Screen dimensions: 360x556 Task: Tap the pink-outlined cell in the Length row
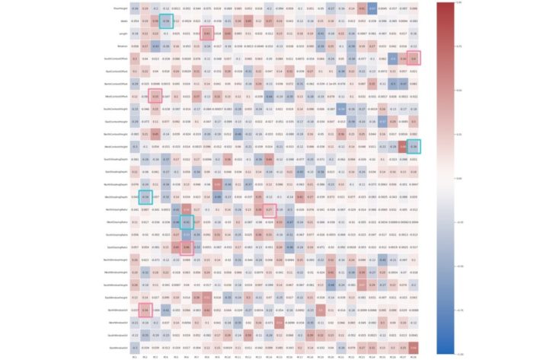[206, 33]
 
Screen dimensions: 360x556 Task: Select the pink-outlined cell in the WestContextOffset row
[155, 96]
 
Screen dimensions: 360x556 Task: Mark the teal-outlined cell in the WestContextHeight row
[413, 146]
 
